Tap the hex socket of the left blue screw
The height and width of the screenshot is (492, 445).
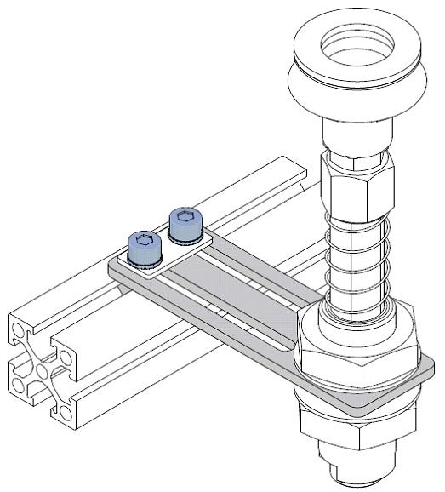point(142,241)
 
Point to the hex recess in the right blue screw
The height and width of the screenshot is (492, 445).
point(185,218)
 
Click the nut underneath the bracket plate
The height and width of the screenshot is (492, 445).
point(362,421)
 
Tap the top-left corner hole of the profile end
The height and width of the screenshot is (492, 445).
point(18,329)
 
